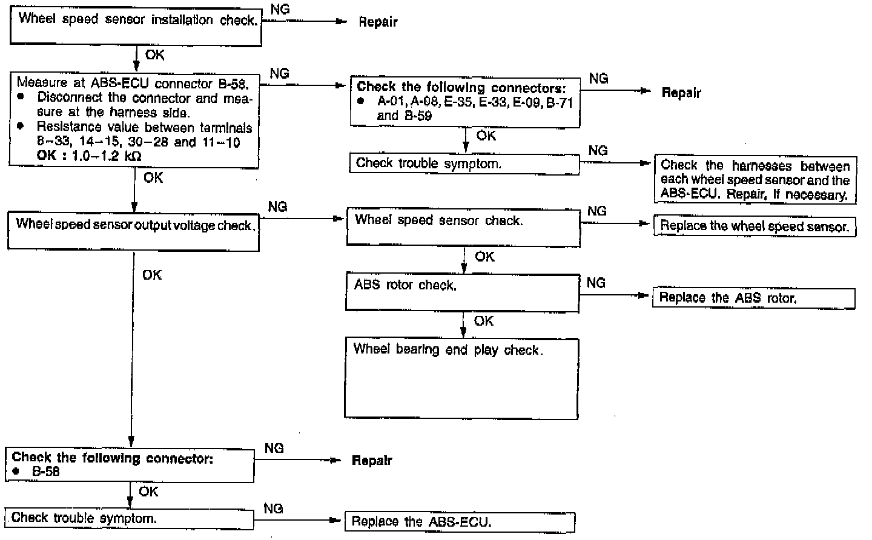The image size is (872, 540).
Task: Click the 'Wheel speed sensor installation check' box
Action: (136, 27)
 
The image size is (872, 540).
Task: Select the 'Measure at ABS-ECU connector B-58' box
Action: (134, 120)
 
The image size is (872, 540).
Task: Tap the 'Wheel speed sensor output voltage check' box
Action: (133, 231)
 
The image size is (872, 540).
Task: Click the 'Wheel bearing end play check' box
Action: (461, 378)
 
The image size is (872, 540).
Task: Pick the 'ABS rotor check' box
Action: (462, 292)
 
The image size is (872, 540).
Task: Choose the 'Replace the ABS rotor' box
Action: (753, 298)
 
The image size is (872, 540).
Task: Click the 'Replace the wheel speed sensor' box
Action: (754, 226)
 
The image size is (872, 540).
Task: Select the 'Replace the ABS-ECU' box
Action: (459, 522)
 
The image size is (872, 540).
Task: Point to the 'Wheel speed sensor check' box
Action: (463, 226)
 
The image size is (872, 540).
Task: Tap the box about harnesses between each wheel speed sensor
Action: (755, 180)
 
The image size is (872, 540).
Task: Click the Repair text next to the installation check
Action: (378, 22)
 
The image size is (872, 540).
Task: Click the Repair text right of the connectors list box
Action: (681, 93)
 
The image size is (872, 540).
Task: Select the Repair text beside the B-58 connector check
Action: (372, 461)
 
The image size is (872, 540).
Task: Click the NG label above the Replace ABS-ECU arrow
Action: (273, 509)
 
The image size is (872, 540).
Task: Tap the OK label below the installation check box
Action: (154, 55)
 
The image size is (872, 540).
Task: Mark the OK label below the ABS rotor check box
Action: (483, 321)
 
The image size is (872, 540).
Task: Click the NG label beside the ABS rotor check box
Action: (596, 283)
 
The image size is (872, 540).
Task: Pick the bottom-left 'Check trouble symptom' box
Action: (128, 518)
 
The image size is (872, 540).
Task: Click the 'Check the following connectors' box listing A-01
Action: (464, 101)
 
